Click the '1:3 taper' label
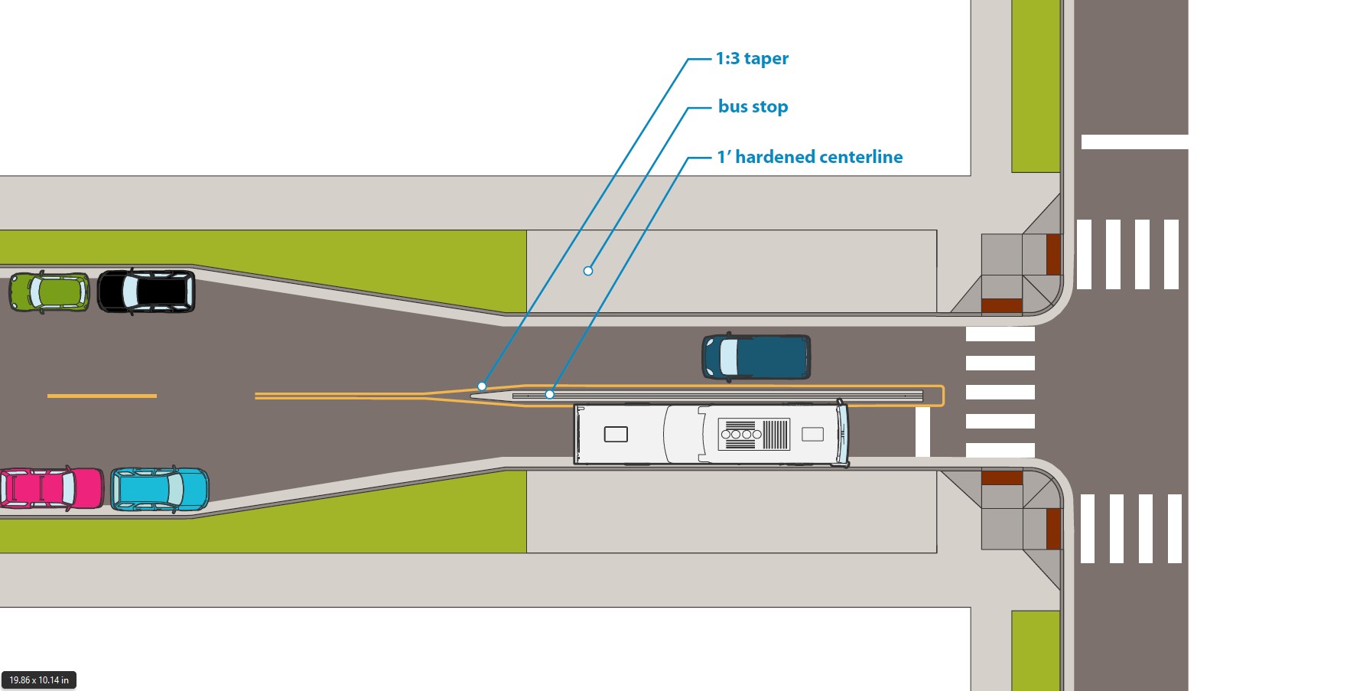[751, 59]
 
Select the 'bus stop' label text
[753, 107]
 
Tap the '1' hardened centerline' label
[809, 157]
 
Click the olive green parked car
[49, 292]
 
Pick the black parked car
[146, 292]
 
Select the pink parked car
[50, 488]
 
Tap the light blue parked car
[159, 489]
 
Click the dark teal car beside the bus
[756, 357]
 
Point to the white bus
[711, 435]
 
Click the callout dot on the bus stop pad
[588, 271]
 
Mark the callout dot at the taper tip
[482, 386]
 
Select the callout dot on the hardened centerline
[550, 395]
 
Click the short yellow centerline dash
[102, 396]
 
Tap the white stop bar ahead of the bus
[922, 432]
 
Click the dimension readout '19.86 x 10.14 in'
[39, 680]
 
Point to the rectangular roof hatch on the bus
[616, 435]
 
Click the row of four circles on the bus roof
[741, 434]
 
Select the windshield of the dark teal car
[729, 357]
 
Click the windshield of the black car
[131, 292]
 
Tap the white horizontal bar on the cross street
[1134, 142]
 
